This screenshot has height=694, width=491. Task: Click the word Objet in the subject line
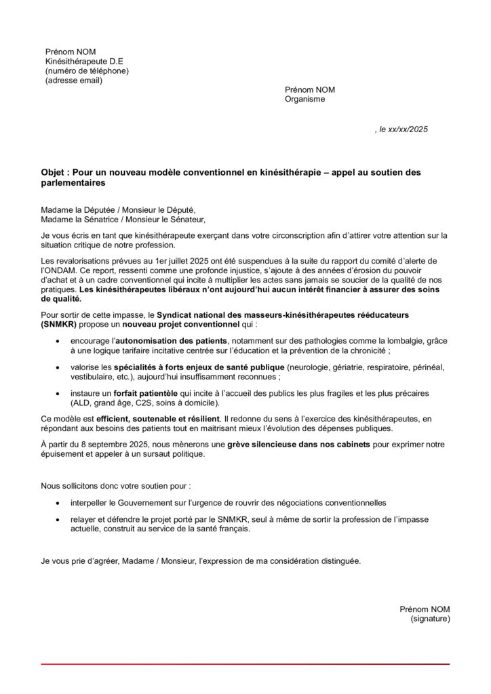(54, 173)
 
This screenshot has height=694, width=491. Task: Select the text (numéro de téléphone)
(87, 71)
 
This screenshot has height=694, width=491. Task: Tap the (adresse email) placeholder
(74, 81)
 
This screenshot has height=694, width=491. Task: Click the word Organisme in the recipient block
(305, 99)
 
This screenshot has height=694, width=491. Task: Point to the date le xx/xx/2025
(404, 129)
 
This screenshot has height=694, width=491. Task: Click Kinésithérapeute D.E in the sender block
(84, 62)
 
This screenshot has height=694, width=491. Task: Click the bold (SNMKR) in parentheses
(62, 325)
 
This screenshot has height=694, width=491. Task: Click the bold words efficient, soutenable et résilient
(158, 419)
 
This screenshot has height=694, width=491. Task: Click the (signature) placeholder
(430, 619)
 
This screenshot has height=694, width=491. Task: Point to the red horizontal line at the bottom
(245, 664)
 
